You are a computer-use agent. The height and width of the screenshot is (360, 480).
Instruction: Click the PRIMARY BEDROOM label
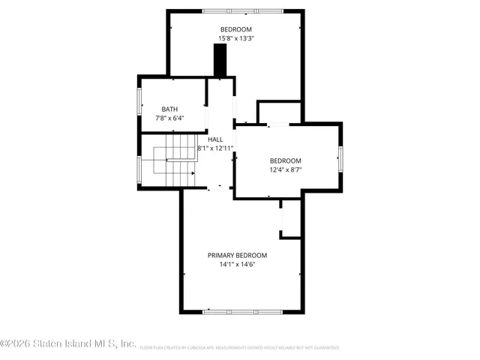tap(237, 255)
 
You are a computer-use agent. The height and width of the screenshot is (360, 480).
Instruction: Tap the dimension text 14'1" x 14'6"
tap(237, 265)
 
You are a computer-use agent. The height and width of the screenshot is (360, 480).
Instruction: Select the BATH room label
tap(169, 109)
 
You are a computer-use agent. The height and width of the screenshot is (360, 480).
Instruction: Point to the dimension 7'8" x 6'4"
tap(169, 118)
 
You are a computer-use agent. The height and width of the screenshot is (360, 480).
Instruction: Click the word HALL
tap(215, 139)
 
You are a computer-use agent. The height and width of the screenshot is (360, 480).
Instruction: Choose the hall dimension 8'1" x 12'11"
tap(215, 148)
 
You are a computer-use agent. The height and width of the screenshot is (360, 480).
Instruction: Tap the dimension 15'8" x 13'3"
tap(235, 38)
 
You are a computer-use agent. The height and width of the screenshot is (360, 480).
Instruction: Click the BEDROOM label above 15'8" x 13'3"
tap(235, 29)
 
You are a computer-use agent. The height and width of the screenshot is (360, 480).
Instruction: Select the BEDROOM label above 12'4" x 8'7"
tap(285, 160)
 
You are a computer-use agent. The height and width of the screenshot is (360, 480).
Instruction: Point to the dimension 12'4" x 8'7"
tap(285, 170)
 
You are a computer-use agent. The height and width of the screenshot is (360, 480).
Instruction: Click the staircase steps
tap(175, 157)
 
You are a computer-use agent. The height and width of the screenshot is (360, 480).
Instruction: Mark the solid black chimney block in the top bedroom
tap(220, 60)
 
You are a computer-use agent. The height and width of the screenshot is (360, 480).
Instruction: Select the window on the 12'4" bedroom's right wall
tap(340, 159)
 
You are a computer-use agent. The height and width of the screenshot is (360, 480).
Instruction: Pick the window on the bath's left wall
tap(139, 102)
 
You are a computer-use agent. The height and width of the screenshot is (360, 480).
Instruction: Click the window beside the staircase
tap(139, 170)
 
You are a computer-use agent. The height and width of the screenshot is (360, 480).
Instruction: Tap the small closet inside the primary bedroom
tap(290, 221)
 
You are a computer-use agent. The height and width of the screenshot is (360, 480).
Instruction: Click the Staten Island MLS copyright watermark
tap(68, 344)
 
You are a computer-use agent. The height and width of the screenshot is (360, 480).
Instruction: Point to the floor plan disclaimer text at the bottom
tap(238, 348)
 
